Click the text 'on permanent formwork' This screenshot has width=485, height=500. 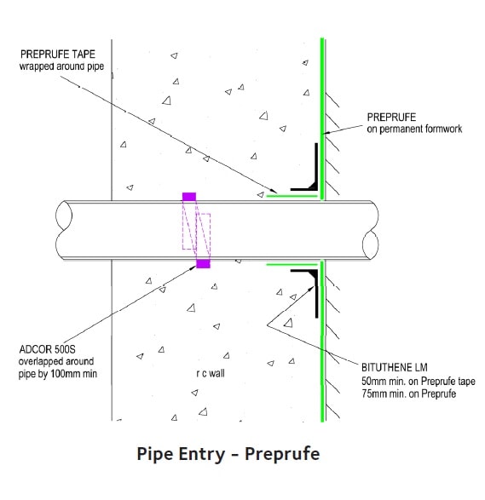coord(415,129)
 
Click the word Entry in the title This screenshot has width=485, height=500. coord(205,454)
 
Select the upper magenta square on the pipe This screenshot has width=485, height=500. coord(189,197)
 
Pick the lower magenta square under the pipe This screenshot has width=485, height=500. coord(203,264)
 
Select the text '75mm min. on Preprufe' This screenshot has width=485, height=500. coord(407,394)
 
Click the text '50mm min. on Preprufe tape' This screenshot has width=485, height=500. coord(418,381)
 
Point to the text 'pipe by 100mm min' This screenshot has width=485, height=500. coord(53,373)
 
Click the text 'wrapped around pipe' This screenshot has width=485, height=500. coord(66,66)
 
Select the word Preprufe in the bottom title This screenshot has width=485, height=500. coord(282,454)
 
